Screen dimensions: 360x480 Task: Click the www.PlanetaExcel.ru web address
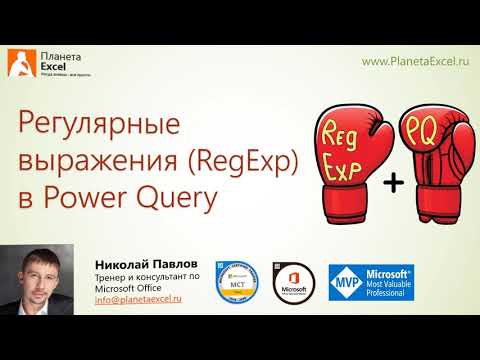(x=414, y=62)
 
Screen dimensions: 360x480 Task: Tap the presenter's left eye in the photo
(x=54, y=273)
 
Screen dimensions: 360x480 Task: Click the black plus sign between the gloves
(x=394, y=182)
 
